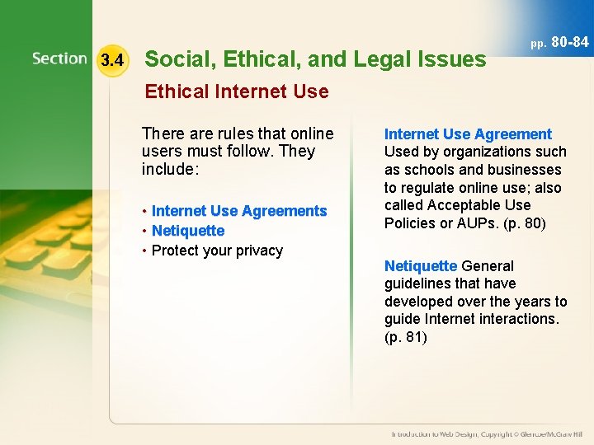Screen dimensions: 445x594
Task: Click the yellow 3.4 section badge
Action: (111, 60)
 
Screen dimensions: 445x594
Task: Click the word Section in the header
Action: (59, 59)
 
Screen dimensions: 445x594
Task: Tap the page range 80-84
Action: (569, 41)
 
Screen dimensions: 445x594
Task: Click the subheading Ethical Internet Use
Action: (237, 91)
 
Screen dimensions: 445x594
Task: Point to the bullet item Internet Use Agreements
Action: (239, 211)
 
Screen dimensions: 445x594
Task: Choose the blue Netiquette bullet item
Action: (188, 231)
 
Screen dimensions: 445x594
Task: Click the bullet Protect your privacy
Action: (217, 251)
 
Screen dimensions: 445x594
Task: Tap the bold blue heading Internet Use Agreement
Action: (468, 134)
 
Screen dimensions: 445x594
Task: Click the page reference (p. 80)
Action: (521, 223)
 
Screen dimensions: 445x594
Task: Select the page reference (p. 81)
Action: (406, 337)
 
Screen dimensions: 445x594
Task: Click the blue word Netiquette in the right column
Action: (420, 266)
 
